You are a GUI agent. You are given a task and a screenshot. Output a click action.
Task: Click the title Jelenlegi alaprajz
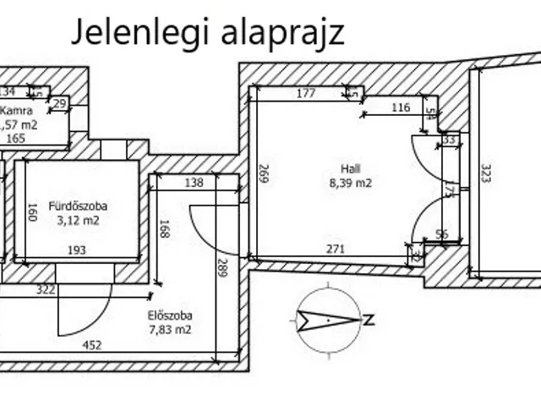(206, 33)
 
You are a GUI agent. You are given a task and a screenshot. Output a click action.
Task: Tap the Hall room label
(351, 168)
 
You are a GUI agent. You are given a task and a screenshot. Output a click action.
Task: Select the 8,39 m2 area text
(351, 182)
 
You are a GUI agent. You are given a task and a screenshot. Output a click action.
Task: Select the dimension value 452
(92, 345)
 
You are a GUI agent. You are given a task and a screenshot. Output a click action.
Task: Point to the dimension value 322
(46, 290)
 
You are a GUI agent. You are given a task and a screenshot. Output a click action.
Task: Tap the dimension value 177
(306, 93)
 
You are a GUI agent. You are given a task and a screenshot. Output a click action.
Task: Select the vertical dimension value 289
(221, 268)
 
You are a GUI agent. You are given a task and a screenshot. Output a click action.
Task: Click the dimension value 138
(194, 182)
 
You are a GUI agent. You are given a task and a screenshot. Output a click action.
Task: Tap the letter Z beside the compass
(369, 320)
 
